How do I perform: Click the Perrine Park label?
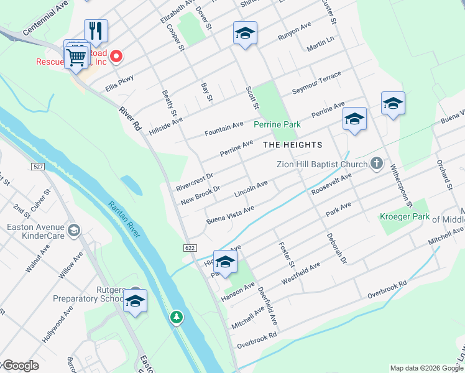click(x=277, y=124)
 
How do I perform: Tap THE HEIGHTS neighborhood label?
click(x=293, y=145)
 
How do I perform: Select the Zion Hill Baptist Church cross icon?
click(x=376, y=163)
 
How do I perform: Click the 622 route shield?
click(x=190, y=247)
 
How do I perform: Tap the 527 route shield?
click(x=38, y=166)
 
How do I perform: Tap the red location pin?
click(x=116, y=58)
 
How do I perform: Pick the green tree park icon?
click(x=177, y=318)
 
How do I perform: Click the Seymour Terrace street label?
click(x=316, y=83)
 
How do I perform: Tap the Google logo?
click(x=20, y=366)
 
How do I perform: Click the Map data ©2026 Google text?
click(x=426, y=368)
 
